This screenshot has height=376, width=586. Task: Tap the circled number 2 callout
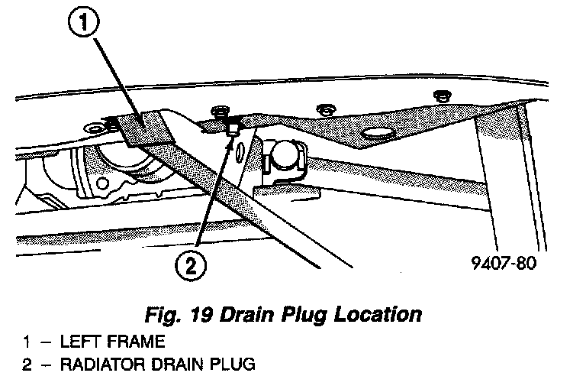[192, 267]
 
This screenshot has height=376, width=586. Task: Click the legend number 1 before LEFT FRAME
[27, 342]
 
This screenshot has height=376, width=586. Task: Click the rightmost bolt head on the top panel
[440, 96]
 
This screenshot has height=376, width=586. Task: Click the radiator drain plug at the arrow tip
[232, 132]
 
